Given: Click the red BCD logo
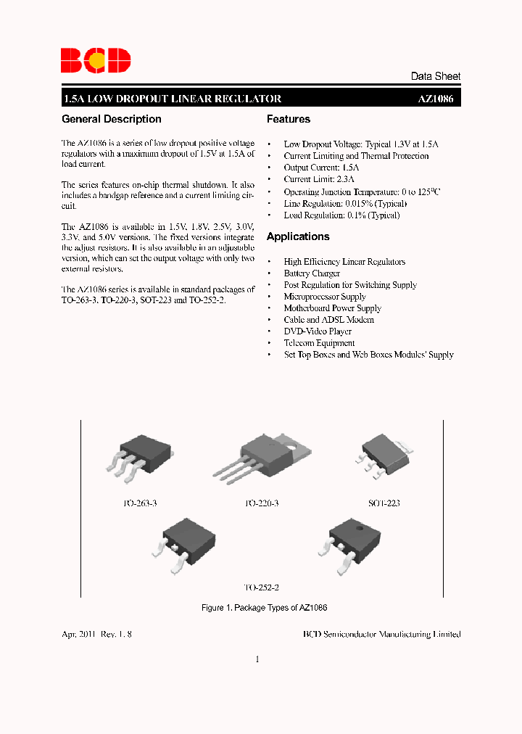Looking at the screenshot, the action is click(x=96, y=60).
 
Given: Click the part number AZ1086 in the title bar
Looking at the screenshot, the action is click(x=437, y=99).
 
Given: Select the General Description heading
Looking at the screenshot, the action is click(x=112, y=119).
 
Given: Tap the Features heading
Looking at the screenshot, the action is click(x=289, y=119).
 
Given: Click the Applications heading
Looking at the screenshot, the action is click(x=298, y=236).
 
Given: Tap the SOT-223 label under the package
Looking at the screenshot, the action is click(x=384, y=503).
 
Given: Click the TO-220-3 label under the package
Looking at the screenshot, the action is click(x=261, y=503).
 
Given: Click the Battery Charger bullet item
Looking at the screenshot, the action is click(x=312, y=273).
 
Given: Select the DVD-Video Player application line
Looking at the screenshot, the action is click(x=318, y=331).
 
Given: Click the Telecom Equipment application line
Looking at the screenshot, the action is click(x=319, y=343).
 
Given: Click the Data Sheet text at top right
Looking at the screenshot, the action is click(x=435, y=76).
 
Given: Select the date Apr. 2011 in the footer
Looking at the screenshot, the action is click(x=80, y=634).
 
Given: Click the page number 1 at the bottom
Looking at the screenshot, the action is click(x=257, y=659).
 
